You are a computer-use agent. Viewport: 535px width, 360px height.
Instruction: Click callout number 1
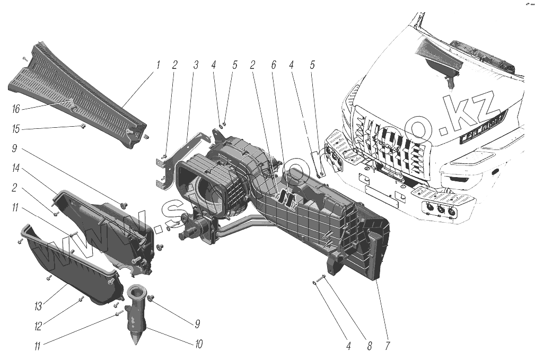[158, 65]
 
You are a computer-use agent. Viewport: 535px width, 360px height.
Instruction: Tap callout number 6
[274, 65]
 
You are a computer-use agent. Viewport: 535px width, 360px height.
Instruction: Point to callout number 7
[388, 346]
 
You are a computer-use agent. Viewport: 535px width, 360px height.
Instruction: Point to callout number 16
[16, 109]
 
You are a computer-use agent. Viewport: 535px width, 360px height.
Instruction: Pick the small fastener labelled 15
[84, 126]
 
